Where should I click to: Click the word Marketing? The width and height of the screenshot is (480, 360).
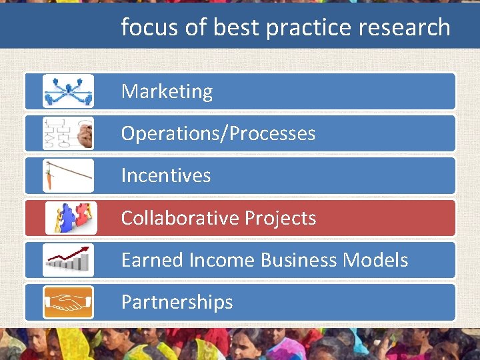pos(167,91)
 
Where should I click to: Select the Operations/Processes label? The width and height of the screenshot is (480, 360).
pos(218,133)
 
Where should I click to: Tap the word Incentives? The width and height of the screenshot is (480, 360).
pos(166,175)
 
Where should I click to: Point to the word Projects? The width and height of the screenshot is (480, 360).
pos(280,218)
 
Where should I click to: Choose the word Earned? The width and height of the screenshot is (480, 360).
pos(152,260)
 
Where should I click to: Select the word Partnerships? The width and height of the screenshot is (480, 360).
pos(177,302)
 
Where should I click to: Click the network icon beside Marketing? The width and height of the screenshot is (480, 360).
pos(68,91)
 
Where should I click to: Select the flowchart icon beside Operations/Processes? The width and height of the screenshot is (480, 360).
pos(68,133)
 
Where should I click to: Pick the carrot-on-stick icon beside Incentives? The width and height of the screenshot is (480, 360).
pos(68,175)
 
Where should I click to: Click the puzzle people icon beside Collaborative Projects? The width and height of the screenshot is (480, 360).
pos(71,218)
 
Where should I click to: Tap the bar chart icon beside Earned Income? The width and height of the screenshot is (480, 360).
pos(68,260)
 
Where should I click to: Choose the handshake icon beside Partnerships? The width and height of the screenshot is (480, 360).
pos(68,302)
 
